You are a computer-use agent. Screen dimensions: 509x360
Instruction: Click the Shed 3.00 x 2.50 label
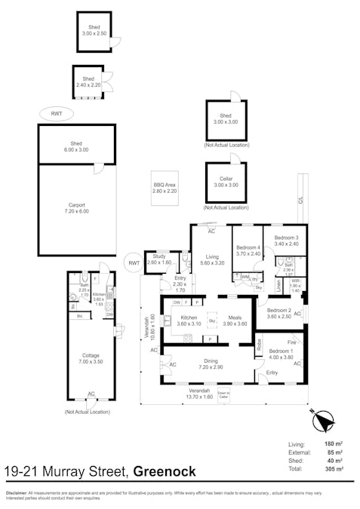pyautogui.click(x=94, y=31)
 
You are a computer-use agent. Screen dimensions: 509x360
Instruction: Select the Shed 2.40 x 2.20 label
pyautogui.click(x=88, y=81)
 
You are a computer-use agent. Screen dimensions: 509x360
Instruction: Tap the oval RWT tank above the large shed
pyautogui.click(x=57, y=113)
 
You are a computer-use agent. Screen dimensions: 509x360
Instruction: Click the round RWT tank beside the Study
pyautogui.click(x=134, y=262)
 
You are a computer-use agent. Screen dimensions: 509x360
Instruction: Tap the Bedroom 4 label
pyautogui.click(x=248, y=250)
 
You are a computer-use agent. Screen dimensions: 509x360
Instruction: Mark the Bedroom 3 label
pyautogui.click(x=286, y=241)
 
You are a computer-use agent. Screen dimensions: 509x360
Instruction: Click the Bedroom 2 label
pyautogui.click(x=278, y=313)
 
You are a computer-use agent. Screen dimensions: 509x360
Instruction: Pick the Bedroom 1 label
pyautogui.click(x=281, y=354)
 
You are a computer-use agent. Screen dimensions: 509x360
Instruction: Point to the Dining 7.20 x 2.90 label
pyautogui.click(x=210, y=364)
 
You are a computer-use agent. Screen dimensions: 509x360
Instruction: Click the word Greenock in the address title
pyautogui.click(x=165, y=472)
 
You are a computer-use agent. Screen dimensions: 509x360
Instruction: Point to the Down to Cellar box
pyautogui.click(x=224, y=395)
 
